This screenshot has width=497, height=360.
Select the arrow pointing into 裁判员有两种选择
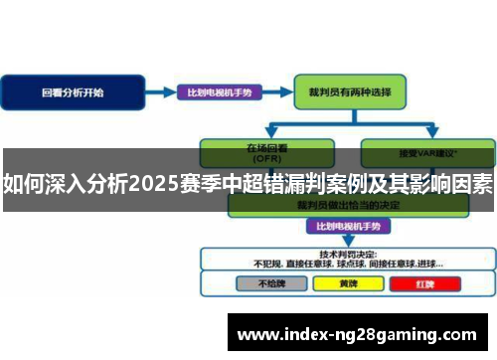tap(281, 92)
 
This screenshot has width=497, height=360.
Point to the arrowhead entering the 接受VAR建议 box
tap(431, 135)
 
